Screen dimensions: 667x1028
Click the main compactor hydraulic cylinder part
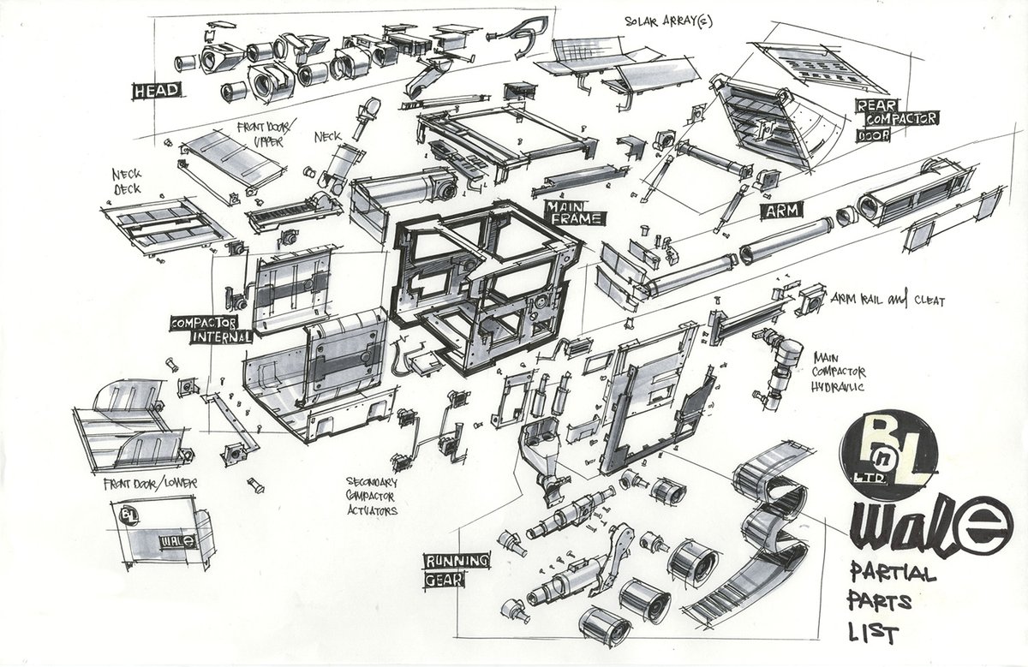coord(777,368)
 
